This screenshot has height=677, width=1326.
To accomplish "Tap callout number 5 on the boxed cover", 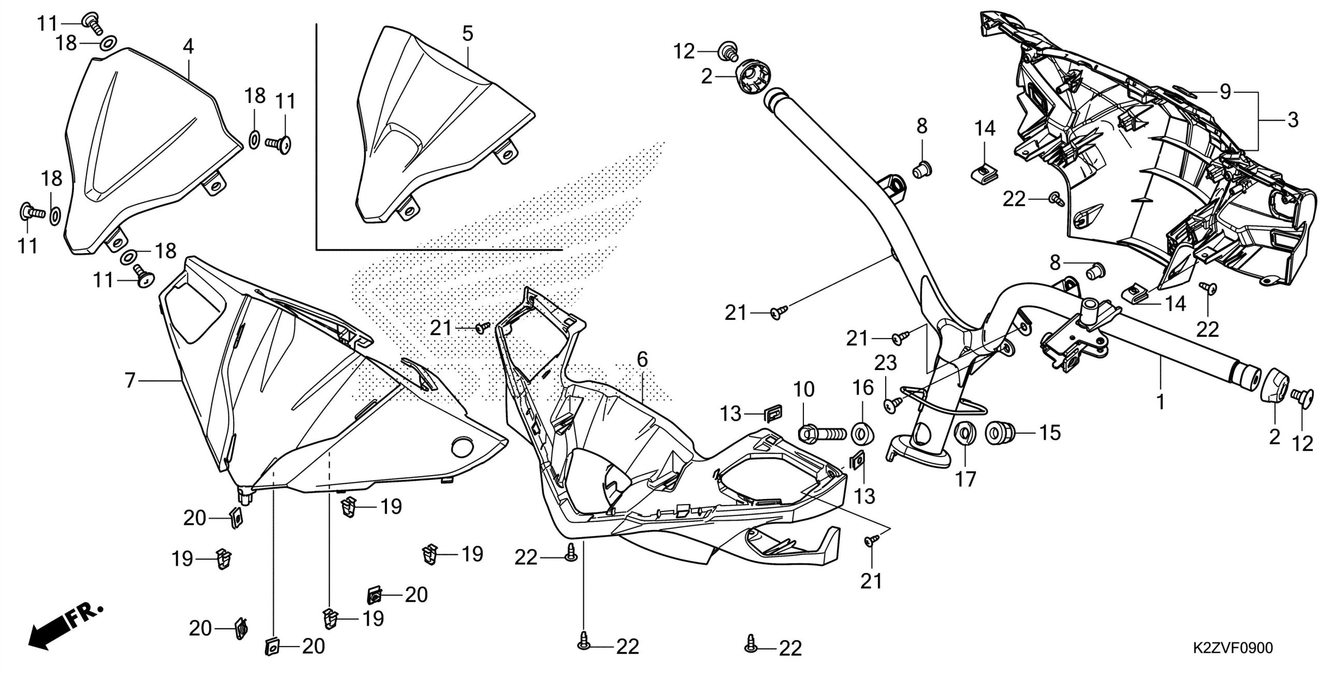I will [467, 34].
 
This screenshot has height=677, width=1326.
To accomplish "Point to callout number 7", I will [129, 381].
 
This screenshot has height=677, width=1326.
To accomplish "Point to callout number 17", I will [966, 479].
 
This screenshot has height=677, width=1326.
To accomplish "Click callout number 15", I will [1049, 433].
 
